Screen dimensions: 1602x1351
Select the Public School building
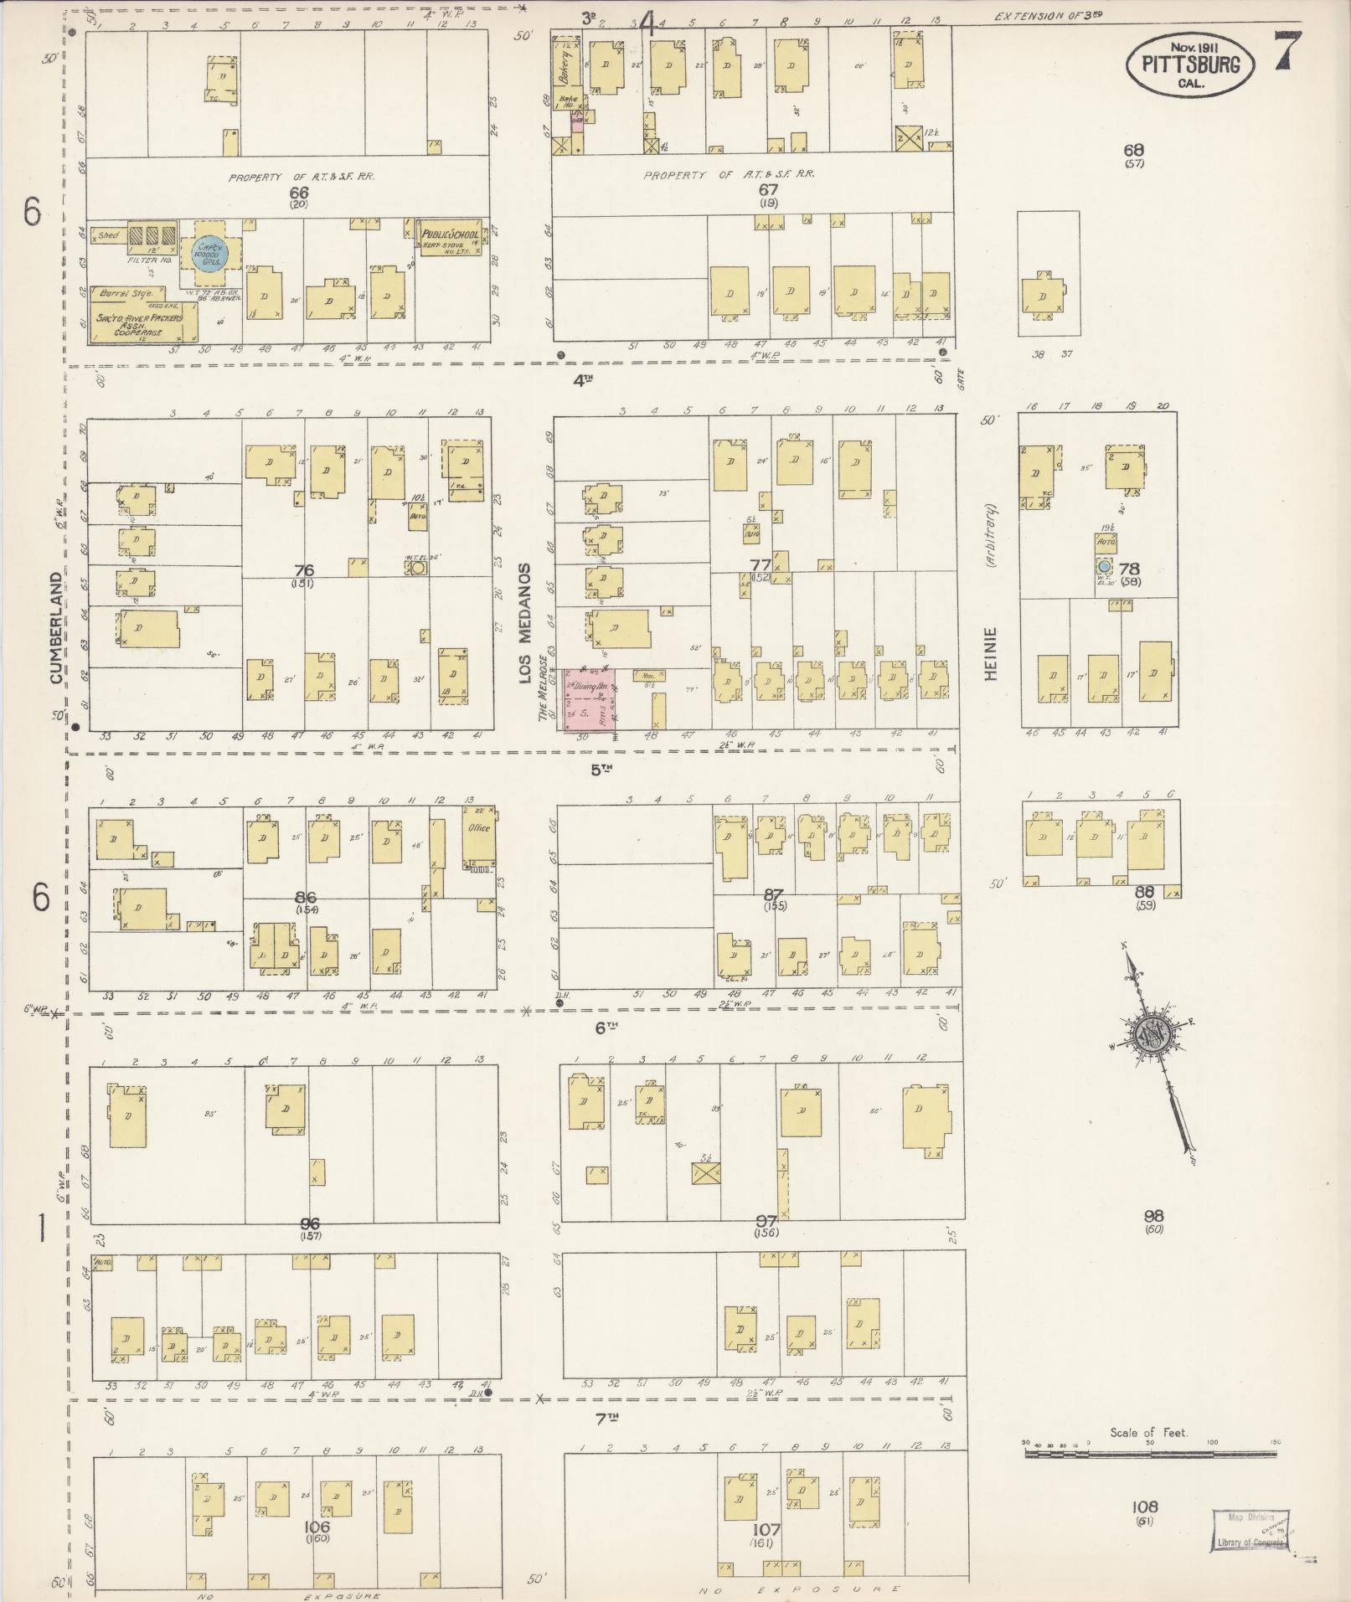(451, 239)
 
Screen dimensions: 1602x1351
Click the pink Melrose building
(590, 698)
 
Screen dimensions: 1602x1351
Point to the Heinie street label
(993, 653)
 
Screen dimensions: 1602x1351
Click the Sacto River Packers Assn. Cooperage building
(143, 323)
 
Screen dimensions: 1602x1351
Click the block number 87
(775, 894)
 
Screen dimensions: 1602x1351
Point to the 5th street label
(601, 770)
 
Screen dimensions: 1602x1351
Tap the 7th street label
(606, 1417)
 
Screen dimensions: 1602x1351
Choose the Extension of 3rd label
(1045, 16)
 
